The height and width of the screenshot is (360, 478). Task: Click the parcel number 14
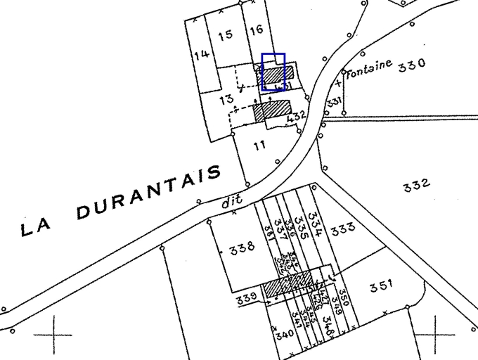pos(202,54)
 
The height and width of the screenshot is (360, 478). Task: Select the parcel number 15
pos(225,35)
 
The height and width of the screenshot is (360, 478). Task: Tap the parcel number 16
pos(256,29)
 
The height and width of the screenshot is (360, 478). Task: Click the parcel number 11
pos(260,145)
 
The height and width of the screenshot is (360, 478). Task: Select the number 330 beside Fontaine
pos(411,65)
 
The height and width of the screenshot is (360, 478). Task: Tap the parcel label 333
pos(342,229)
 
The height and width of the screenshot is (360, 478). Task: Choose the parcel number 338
pos(241,247)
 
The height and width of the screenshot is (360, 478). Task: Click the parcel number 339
pos(246,298)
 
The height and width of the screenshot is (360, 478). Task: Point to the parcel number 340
pos(284,335)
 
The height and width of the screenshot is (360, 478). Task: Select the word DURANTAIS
pos(148,198)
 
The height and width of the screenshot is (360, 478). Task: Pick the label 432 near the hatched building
pos(297,115)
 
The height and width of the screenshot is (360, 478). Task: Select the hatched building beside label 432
pos(272,109)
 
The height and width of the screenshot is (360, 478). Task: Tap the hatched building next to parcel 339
pos(287,285)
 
